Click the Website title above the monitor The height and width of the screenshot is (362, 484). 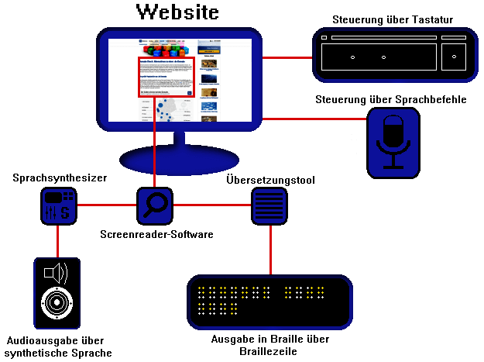coord(177,12)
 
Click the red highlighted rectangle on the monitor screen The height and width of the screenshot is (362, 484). coord(166,76)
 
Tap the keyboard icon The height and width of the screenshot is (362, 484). coord(394,55)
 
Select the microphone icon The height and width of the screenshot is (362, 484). coord(393,140)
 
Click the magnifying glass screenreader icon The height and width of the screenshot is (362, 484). coord(156,205)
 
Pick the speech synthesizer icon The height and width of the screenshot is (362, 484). coord(58,205)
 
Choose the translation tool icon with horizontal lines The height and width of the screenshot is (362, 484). coord(270,206)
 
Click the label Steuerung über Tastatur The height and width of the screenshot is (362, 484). coord(393,19)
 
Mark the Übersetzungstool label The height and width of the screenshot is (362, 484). coord(270,180)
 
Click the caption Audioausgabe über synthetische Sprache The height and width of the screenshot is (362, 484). coord(59,346)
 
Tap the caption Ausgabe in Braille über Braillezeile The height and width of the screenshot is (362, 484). coord(270,345)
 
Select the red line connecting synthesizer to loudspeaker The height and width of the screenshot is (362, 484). coord(58,241)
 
